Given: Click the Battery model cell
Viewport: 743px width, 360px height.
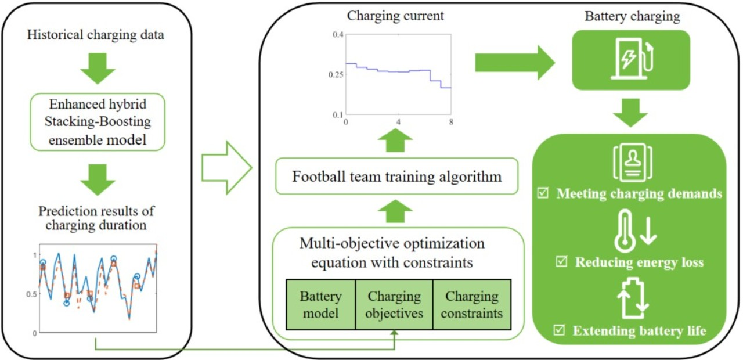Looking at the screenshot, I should point(320,305).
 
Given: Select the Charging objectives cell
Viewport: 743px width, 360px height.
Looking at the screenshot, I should point(394,305).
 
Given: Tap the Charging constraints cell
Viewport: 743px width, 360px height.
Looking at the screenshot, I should point(472,305).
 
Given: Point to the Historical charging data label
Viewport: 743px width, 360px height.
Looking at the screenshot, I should point(95,35).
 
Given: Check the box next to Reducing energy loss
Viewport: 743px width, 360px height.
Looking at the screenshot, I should point(562,262).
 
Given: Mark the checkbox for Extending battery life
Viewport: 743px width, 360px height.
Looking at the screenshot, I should point(560,331).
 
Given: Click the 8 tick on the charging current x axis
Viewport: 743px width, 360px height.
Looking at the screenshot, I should point(451,123).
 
